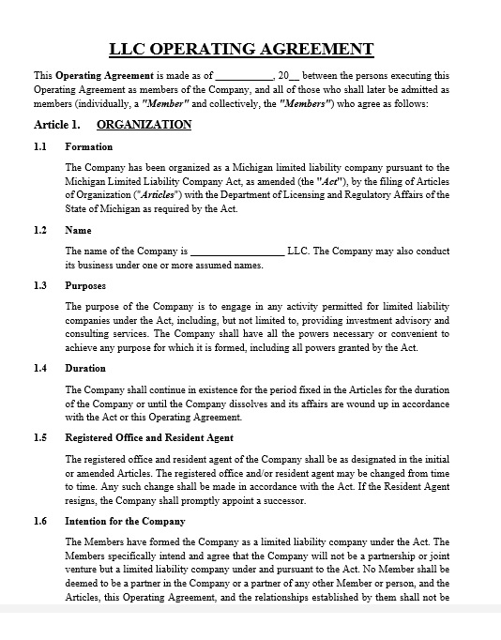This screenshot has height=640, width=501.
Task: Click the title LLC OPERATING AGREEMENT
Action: pyautogui.click(x=241, y=50)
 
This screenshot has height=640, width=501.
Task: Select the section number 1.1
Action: pyautogui.click(x=40, y=146)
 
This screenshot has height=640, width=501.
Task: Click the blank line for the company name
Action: pyautogui.click(x=237, y=251)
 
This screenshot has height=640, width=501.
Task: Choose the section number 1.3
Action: pyautogui.click(x=40, y=285)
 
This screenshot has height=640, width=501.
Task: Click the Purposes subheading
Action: pyautogui.click(x=85, y=285)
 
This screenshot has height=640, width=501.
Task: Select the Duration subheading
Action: pyautogui.click(x=84, y=368)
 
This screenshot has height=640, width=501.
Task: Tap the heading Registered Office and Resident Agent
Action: pyautogui.click(x=149, y=437)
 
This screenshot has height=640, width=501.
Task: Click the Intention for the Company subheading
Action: pyautogui.click(x=125, y=521)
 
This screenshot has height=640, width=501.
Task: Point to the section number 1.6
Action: pyautogui.click(x=40, y=521)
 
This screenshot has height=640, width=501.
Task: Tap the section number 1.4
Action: pyautogui.click(x=40, y=368)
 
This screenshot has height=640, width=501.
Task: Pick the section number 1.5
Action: pyautogui.click(x=40, y=437)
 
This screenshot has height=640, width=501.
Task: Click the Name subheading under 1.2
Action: pyautogui.click(x=78, y=230)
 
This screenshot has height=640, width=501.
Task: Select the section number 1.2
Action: pyautogui.click(x=40, y=230)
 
